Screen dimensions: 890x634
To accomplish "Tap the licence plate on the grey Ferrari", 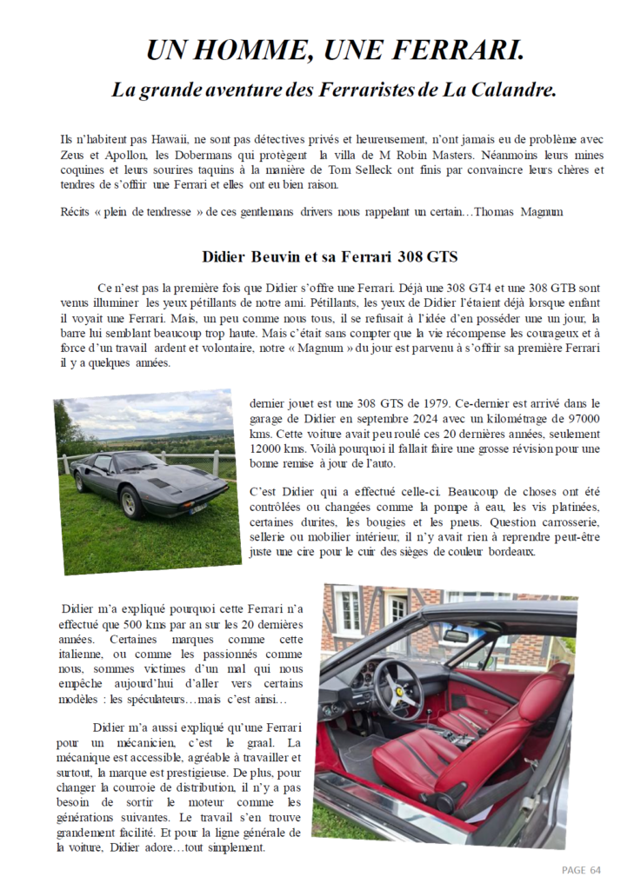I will pos(198,508).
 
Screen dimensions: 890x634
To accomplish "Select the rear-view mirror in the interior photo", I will pos(457,635).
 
